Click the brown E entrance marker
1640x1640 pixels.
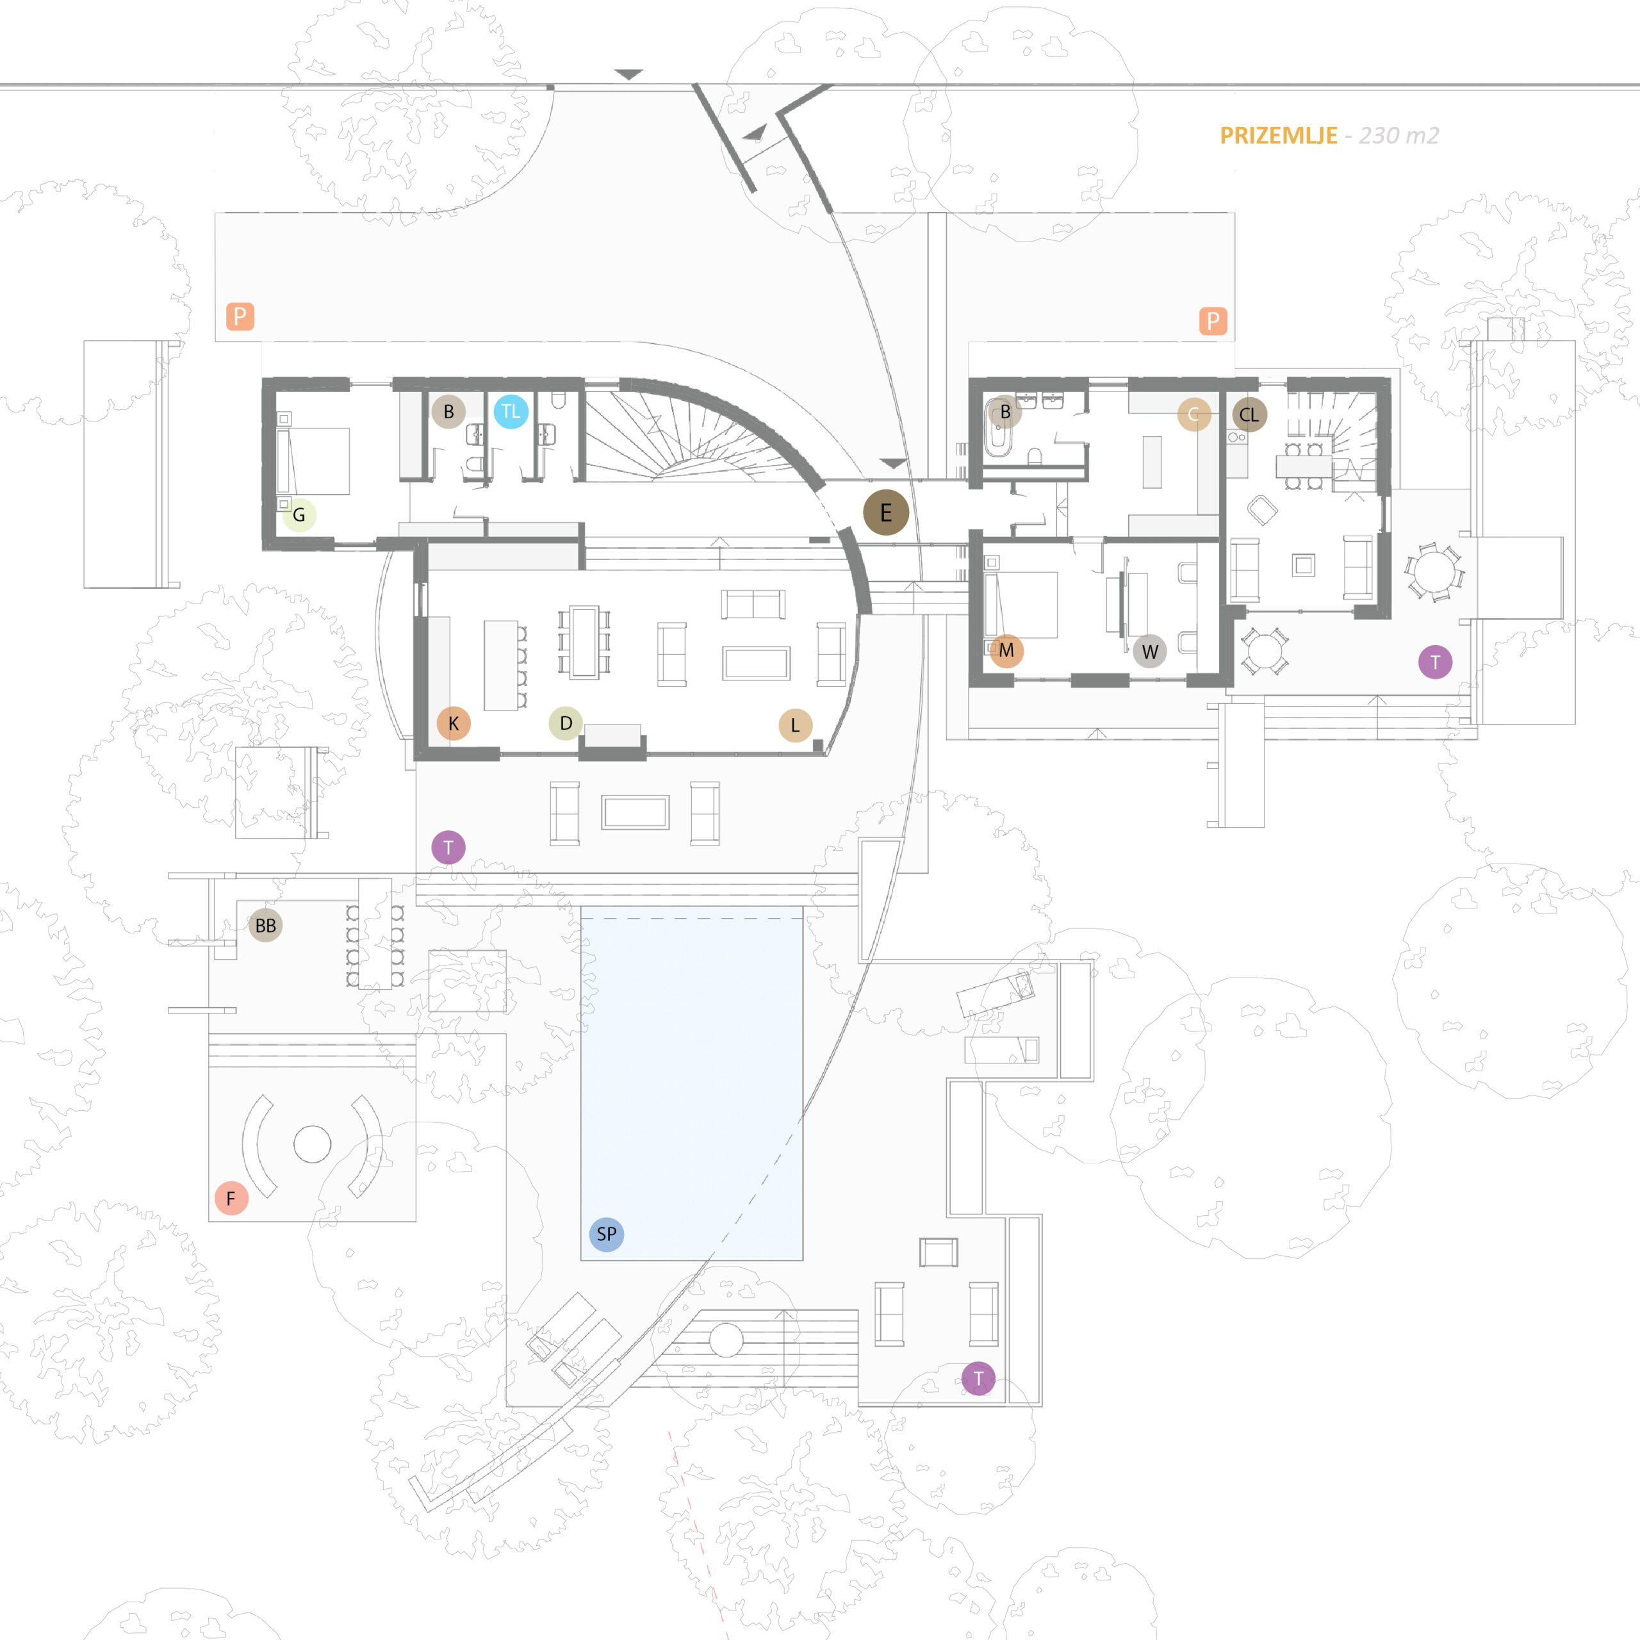coord(885,512)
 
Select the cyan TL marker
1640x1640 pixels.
coord(510,412)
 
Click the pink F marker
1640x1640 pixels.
coord(231,1199)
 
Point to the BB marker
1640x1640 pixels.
coord(266,925)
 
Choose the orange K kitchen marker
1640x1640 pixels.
coord(454,723)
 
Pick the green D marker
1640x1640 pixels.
coord(565,723)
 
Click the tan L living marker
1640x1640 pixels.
coord(796,725)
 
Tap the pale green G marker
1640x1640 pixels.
coord(299,514)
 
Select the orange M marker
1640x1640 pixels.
coord(1006,651)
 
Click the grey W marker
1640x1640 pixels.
coord(1149,651)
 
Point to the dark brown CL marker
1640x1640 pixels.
coord(1249,414)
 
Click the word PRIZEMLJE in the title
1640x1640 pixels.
coord(1279,136)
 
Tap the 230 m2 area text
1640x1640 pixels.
coord(1399,136)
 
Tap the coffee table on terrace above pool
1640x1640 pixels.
coord(635,812)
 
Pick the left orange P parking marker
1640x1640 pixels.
coord(240,316)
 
